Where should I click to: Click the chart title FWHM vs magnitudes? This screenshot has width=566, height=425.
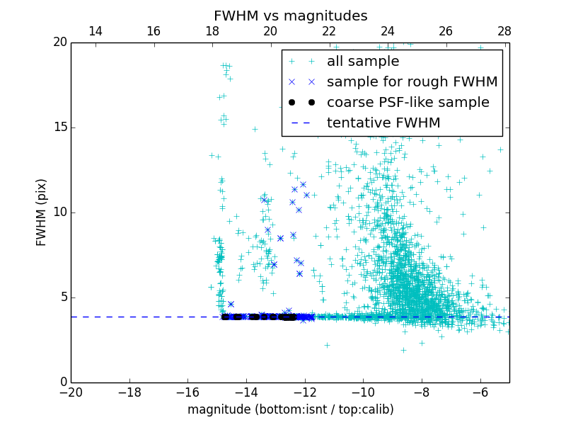(290, 16)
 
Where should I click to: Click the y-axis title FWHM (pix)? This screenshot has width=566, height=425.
(42, 212)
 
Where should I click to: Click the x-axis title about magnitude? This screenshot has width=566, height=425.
(290, 409)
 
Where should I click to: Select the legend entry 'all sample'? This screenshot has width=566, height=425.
(363, 62)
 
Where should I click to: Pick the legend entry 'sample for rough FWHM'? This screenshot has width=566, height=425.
(412, 82)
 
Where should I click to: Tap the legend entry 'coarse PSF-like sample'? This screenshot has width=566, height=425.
(408, 103)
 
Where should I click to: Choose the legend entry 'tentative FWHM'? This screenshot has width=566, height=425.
(383, 123)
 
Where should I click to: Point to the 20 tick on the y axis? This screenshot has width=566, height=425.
(59, 42)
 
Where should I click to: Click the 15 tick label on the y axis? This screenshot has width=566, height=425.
(59, 127)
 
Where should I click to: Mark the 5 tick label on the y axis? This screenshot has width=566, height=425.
(62, 297)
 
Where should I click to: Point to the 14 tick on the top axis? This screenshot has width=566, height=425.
(95, 31)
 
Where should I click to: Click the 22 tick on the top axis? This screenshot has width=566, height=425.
(329, 31)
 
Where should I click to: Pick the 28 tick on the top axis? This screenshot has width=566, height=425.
(504, 31)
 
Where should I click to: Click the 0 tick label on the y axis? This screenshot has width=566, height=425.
(62, 382)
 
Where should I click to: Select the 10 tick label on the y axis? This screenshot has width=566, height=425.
(59, 212)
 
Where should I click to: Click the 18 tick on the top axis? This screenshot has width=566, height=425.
(212, 31)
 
